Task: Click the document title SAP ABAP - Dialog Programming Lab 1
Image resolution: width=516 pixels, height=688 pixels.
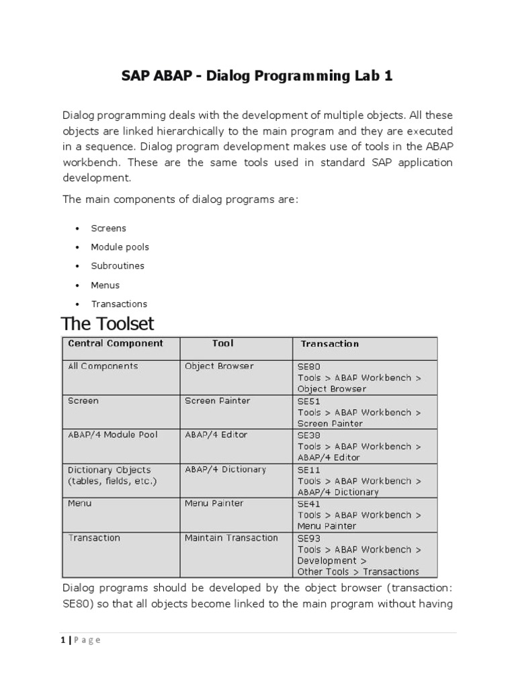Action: [257, 76]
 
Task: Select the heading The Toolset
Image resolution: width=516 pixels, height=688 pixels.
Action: [107, 324]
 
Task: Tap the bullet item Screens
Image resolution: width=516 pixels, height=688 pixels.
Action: [108, 228]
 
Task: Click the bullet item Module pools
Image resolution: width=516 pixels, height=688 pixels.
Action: [120, 247]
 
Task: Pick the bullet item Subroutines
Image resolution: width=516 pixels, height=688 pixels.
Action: [118, 266]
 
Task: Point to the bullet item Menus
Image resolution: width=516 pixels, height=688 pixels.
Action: [105, 285]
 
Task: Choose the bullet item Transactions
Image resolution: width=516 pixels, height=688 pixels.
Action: [119, 304]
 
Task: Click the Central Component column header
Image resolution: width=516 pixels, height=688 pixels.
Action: [116, 343]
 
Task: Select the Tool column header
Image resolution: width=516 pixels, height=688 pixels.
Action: [222, 343]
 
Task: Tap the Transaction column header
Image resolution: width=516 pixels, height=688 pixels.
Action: [329, 344]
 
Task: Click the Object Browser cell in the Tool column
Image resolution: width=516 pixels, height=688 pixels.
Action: [219, 366]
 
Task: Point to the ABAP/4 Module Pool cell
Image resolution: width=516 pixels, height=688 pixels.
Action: [113, 435]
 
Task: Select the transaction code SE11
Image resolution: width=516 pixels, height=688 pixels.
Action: [309, 470]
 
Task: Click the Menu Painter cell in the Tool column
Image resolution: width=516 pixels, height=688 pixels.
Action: [214, 503]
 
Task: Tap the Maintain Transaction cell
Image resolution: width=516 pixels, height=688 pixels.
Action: [231, 537]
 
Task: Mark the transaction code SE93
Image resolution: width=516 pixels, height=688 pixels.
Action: [309, 538]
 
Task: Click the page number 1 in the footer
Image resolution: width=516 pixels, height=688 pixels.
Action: [59, 640]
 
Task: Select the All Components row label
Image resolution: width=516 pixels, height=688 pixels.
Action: [103, 366]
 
